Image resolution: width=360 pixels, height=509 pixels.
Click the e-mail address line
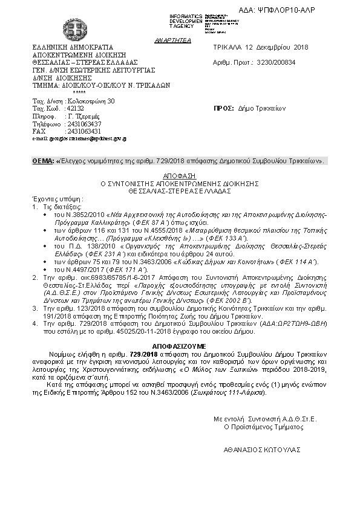[79, 139]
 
